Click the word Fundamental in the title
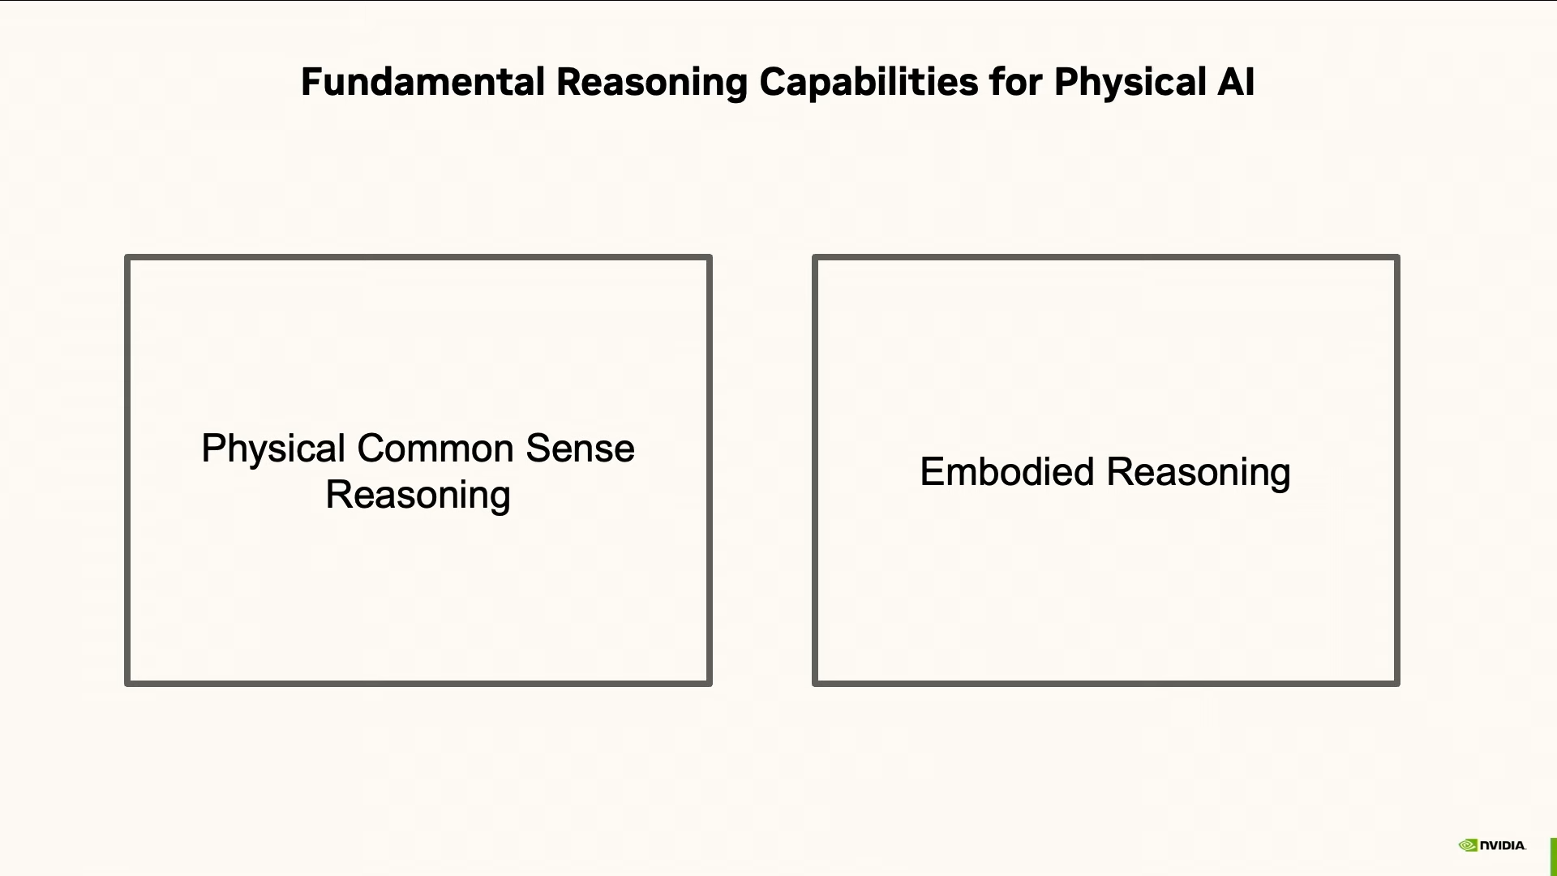click(x=422, y=82)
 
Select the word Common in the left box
click(x=435, y=449)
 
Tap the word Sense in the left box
click(x=580, y=449)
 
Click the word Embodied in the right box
click(x=1006, y=471)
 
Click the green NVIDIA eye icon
click(x=1468, y=845)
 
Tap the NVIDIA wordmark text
click(x=1503, y=845)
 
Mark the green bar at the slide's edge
click(x=1553, y=857)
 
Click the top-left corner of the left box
click(x=127, y=258)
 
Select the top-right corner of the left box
click(x=710, y=258)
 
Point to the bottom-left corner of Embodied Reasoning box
click(x=815, y=684)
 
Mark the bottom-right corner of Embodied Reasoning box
click(x=1397, y=684)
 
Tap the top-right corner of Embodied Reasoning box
click(x=1397, y=258)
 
